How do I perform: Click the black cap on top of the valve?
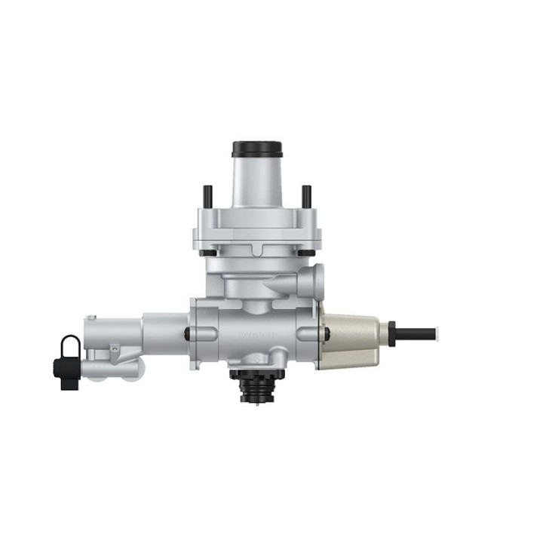257,149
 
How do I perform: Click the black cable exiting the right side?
417,333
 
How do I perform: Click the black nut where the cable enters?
391,333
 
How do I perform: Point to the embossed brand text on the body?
257,333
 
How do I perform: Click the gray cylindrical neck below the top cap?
257,182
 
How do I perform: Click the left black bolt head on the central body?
187,333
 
